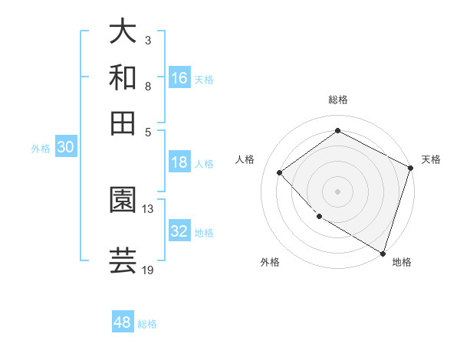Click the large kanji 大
tap(123, 32)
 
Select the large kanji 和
tap(123, 77)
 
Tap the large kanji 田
tap(123, 123)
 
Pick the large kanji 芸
tap(123, 260)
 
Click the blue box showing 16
tap(179, 78)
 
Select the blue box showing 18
tap(179, 162)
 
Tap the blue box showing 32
tap(179, 231)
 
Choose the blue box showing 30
tap(65, 148)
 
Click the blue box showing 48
tap(123, 322)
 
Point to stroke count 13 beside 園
tap(148, 208)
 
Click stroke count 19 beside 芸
tap(148, 270)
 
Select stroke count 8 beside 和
tap(147, 86)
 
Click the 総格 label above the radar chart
tap(338, 100)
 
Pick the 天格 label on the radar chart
tap(431, 159)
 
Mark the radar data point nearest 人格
tap(281, 172)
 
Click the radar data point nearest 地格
tap(383, 252)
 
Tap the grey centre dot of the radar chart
tap(337, 191)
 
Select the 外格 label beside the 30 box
tap(40, 149)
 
